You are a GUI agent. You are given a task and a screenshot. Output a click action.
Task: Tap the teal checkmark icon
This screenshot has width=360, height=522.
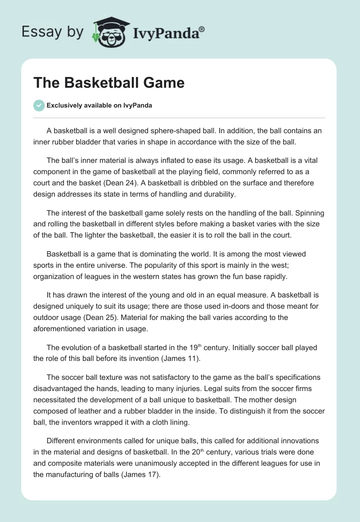coord(39,105)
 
